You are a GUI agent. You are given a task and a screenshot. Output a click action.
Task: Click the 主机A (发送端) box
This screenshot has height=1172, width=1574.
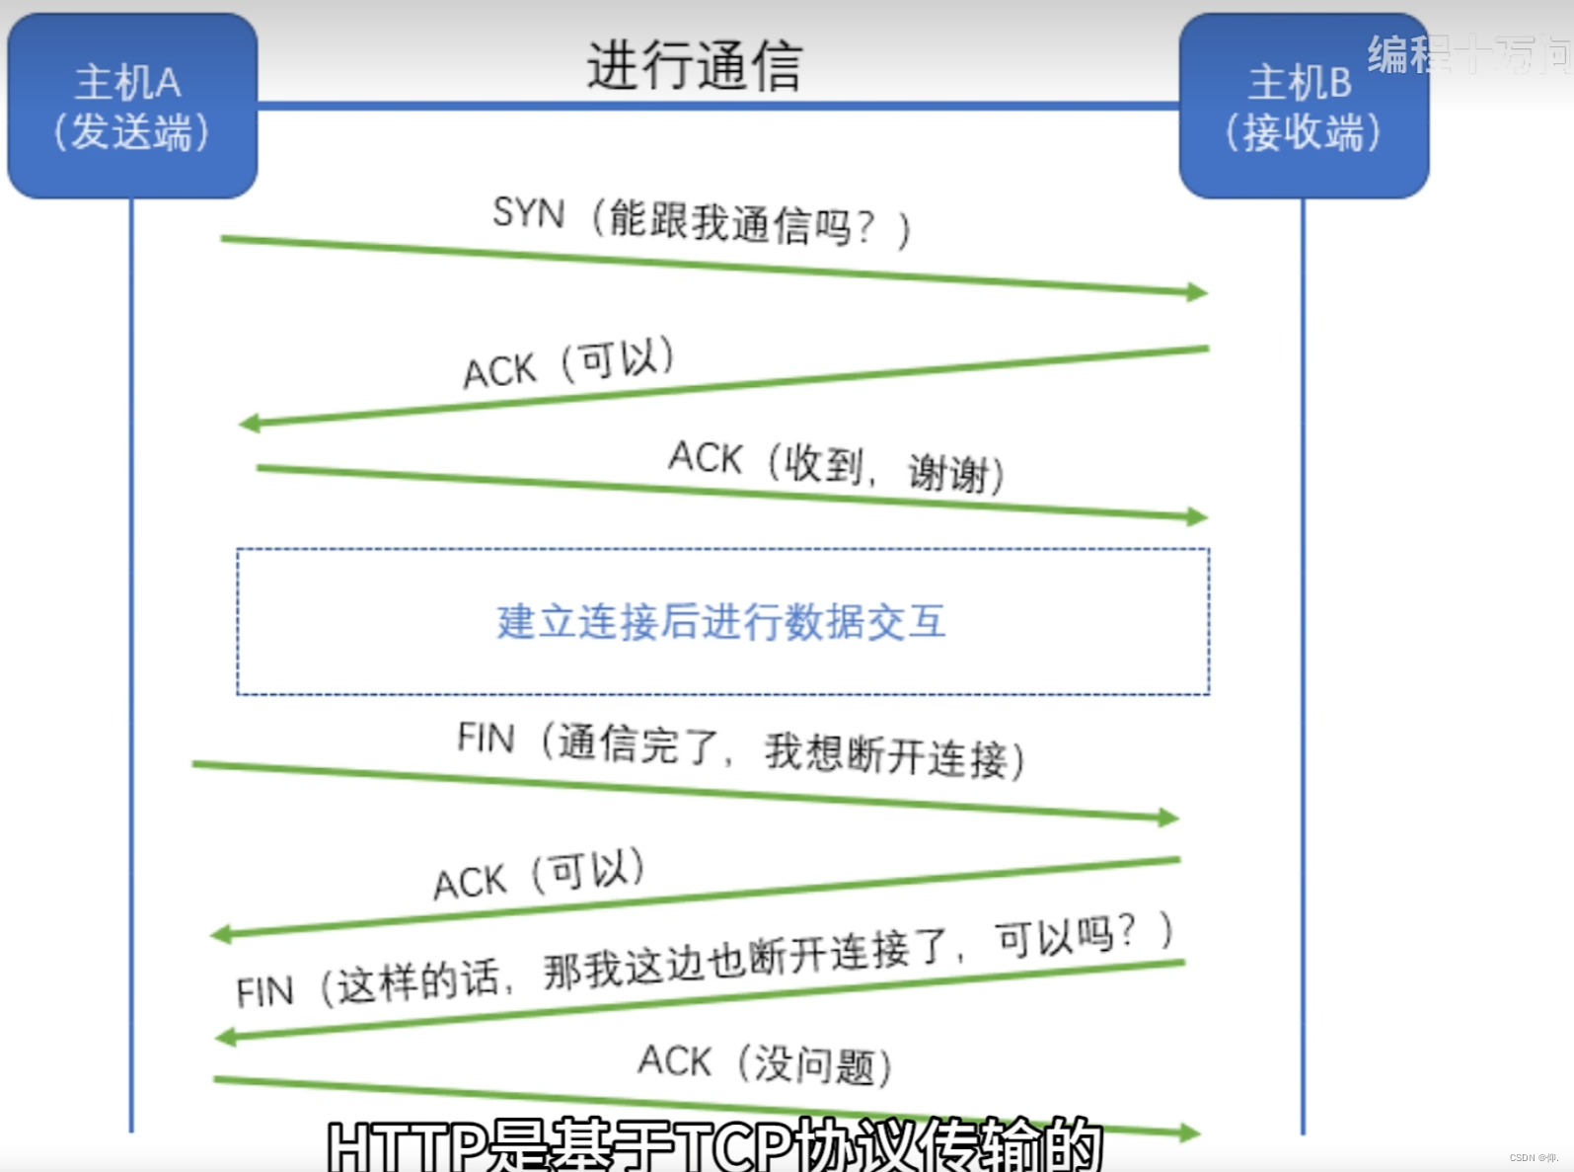click(x=131, y=107)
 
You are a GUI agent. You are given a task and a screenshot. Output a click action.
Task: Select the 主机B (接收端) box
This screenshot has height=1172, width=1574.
click(x=1303, y=107)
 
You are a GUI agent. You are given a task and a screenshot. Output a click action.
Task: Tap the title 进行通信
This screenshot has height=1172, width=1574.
click(x=694, y=65)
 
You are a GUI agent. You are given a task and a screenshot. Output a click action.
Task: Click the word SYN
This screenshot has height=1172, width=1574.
click(x=529, y=212)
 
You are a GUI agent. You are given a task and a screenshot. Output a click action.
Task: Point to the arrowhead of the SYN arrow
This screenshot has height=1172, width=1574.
click(x=1197, y=291)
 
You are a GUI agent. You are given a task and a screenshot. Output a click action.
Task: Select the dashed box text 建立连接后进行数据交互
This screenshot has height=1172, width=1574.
click(x=721, y=622)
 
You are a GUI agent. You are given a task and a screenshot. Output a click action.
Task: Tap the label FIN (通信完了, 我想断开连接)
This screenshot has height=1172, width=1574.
click(x=740, y=749)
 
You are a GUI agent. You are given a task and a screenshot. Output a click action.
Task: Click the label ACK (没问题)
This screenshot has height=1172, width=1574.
click(x=765, y=1063)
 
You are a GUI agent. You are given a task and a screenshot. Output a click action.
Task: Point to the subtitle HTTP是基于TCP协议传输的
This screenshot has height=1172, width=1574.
click(x=713, y=1145)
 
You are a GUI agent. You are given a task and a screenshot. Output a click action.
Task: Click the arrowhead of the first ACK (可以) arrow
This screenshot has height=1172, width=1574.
click(x=250, y=424)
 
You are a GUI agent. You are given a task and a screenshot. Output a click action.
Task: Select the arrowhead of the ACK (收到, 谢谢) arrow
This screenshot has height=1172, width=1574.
click(x=1197, y=516)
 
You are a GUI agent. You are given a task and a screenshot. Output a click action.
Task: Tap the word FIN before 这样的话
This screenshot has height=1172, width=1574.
click(x=264, y=991)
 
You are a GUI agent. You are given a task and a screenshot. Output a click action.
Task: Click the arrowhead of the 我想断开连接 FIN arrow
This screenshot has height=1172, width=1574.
click(x=1168, y=818)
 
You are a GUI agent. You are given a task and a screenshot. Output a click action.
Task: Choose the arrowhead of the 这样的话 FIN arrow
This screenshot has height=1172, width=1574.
click(x=226, y=1037)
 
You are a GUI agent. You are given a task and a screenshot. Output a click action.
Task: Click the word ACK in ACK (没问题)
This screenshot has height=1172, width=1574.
click(x=674, y=1060)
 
